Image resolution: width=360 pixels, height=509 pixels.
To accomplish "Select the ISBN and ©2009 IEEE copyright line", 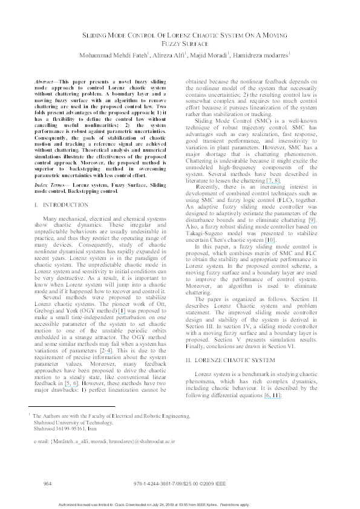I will pyautogui.click(x=181, y=485).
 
